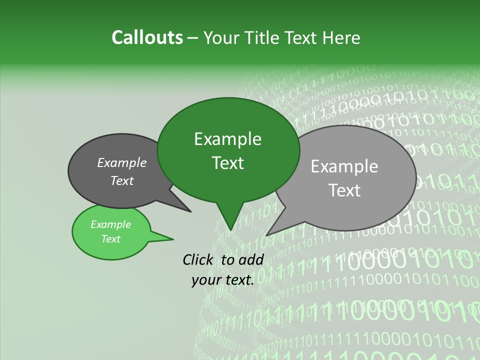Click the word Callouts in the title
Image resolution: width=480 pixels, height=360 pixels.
pos(147,37)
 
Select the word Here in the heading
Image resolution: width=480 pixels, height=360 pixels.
pos(342,38)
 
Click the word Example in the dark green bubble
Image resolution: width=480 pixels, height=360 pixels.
pos(227,139)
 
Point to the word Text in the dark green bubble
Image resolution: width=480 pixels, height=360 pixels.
pos(227,163)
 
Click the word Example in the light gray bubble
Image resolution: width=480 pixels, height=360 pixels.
pos(344,166)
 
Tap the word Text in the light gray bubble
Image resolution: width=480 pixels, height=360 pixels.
pos(344,190)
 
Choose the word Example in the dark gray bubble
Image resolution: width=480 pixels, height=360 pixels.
pos(122,162)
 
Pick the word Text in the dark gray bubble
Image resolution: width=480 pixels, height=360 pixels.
pos(122,180)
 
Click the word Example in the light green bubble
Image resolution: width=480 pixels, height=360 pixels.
pos(111,224)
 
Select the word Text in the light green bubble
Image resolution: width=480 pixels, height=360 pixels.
pos(111,239)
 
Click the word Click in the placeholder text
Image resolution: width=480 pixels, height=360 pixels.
pos(198,259)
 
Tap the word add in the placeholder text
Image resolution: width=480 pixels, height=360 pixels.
pos(251,259)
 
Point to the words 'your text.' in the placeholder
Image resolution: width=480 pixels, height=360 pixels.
pos(222,280)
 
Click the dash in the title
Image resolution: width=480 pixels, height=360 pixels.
pos(193,38)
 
